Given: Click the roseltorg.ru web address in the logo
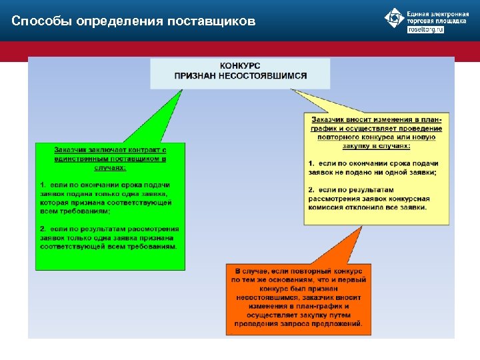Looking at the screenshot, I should (x=425, y=30).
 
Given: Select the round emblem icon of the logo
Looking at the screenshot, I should (x=395, y=18).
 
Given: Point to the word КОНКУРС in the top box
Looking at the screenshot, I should (x=240, y=66).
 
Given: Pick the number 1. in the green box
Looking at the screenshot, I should (x=43, y=185).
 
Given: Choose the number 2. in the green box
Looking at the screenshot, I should (x=43, y=229).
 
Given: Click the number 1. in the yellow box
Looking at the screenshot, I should (x=311, y=163).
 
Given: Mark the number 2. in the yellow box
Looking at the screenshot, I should (x=311, y=190).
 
